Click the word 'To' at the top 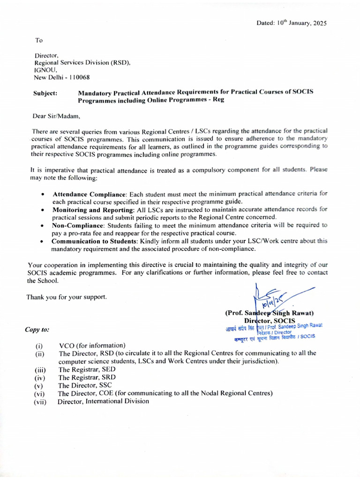(x=39, y=40)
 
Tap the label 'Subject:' (x=45, y=93)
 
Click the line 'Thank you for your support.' (x=67, y=297)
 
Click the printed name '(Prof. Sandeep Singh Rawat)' (x=270, y=313)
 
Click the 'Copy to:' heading (x=37, y=330)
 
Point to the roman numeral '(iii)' (x=40, y=370)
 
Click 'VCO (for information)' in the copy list (x=92, y=345)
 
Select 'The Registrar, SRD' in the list (x=87, y=377)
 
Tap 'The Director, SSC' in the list (x=85, y=385)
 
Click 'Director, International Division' (x=104, y=401)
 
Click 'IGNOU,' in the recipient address (x=45, y=70)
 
